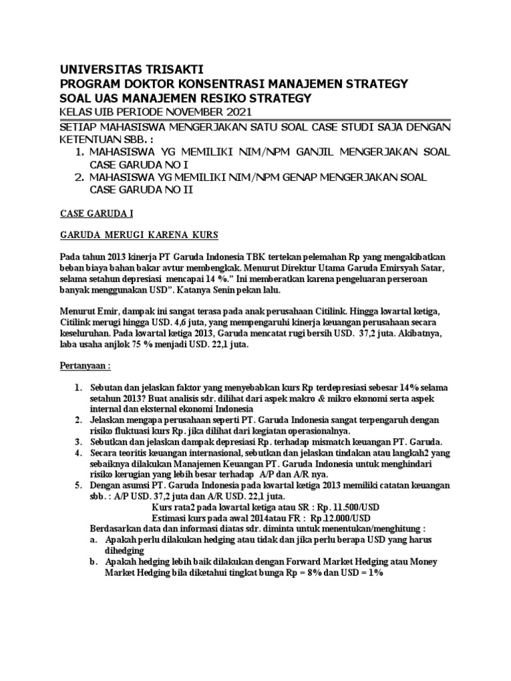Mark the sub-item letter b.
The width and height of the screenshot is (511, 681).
point(93,562)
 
